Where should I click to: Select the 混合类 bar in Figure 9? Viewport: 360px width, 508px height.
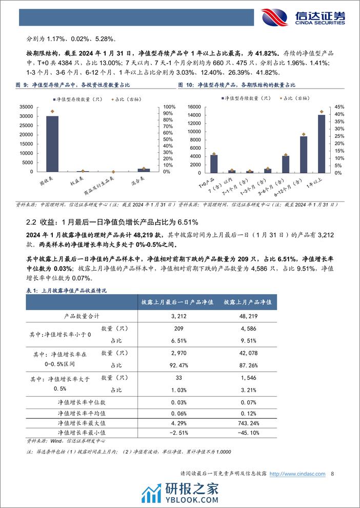click(x=144, y=170)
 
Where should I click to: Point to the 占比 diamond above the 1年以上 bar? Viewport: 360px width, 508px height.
click(x=322, y=111)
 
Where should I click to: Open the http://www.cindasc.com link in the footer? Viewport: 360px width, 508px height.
click(x=297, y=474)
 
